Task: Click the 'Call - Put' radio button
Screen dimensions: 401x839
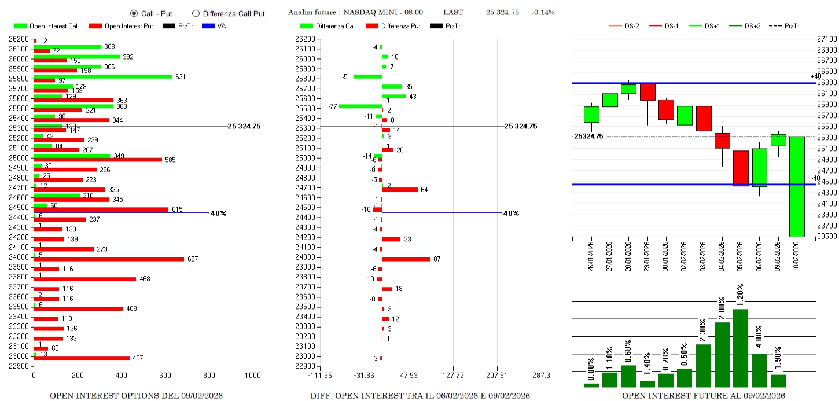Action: coord(134,13)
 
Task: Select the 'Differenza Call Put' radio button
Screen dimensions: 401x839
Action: coord(196,13)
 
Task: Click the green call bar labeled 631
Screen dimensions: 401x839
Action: coord(102,76)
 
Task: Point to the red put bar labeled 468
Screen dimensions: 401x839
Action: coord(84,279)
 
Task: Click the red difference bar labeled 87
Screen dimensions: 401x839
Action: coord(406,259)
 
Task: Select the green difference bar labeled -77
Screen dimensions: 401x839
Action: coord(360,106)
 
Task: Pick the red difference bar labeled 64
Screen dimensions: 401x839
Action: coord(400,189)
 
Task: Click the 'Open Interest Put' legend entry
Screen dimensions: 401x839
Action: coord(121,26)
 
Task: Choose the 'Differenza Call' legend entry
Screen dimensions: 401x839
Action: coord(327,26)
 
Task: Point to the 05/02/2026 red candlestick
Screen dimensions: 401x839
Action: coord(741,168)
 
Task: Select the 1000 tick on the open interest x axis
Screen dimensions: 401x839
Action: coord(252,375)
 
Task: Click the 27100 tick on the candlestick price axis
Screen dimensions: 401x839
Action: coord(825,39)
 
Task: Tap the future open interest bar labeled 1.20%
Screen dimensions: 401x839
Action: coord(741,348)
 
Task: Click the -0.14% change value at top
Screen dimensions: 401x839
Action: coord(543,13)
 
